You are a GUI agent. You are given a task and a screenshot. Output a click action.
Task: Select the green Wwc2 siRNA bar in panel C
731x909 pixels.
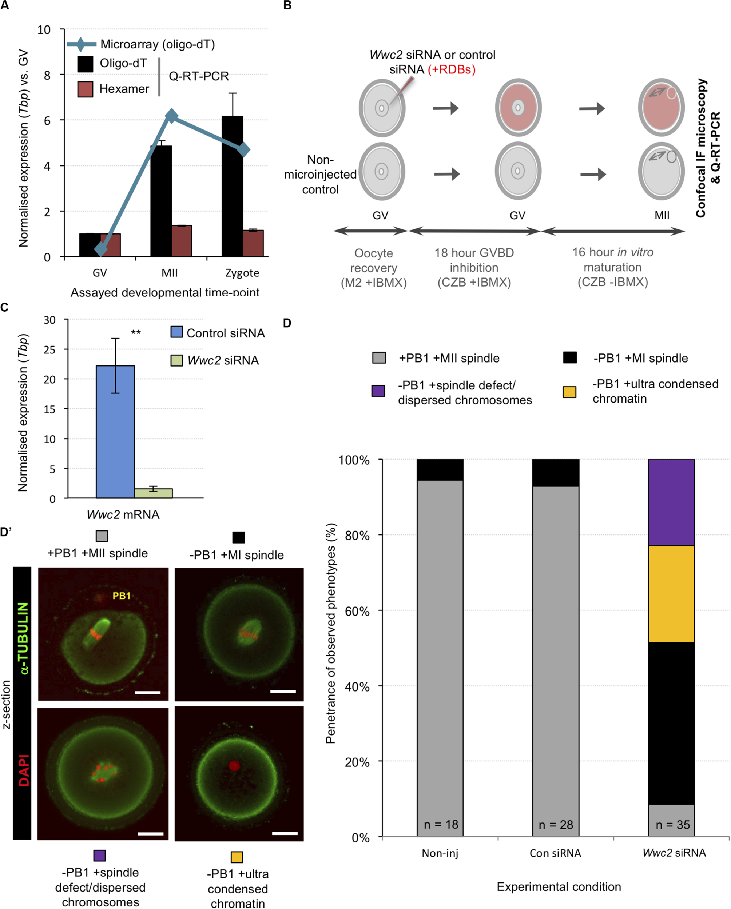(153, 493)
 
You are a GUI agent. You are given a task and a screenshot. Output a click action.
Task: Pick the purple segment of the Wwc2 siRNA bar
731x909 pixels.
(671, 502)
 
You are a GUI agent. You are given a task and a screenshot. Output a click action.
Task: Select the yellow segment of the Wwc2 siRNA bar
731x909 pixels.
(671, 594)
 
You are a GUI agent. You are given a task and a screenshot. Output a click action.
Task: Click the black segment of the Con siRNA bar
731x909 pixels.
(555, 473)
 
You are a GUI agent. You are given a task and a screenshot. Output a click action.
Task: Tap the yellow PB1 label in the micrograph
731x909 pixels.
(122, 596)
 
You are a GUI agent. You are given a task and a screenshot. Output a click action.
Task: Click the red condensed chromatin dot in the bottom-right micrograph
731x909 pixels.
(234, 766)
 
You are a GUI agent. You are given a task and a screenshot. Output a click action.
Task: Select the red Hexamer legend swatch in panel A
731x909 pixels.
(85, 89)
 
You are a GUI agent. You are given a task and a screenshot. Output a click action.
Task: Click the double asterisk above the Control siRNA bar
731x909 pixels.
(136, 333)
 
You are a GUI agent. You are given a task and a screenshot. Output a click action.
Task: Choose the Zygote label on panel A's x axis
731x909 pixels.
(242, 273)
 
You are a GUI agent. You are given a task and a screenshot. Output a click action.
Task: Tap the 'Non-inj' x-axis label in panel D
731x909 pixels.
(440, 853)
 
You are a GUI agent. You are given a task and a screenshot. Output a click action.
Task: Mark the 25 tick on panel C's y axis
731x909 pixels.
(49, 349)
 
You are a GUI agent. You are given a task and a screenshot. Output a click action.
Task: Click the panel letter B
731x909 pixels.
(287, 5)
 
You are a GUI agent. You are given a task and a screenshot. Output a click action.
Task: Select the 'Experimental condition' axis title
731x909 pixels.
(559, 887)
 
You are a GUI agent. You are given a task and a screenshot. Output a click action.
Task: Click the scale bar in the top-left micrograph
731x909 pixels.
(148, 692)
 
